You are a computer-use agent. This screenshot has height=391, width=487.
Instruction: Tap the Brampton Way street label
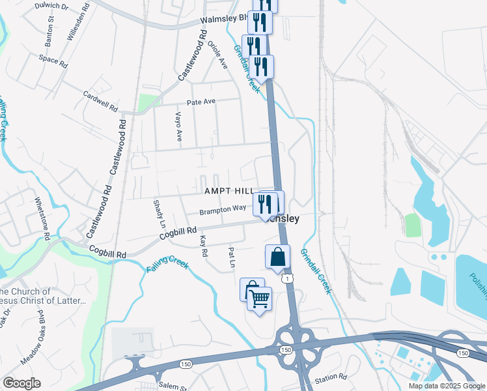[223, 209]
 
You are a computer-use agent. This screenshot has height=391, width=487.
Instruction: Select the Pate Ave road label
[201, 102]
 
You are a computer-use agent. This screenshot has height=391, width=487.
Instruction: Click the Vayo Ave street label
[178, 126]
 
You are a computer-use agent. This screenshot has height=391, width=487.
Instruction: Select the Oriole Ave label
[217, 55]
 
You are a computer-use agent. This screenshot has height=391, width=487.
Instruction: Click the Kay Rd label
[204, 246]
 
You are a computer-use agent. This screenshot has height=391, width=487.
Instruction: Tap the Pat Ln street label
[231, 257]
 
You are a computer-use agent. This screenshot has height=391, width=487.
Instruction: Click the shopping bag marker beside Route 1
[277, 257]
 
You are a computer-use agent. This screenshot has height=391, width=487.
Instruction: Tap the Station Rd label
[331, 377]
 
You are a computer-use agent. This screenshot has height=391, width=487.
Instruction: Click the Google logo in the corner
[21, 383]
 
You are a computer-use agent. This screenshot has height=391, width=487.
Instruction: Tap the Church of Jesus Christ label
[42, 296]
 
